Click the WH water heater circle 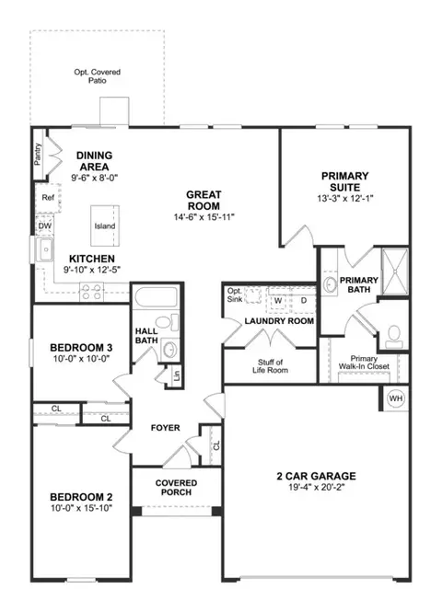click(396, 398)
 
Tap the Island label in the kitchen click(105, 226)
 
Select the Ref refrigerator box click(48, 198)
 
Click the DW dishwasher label click(44, 226)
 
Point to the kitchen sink click(44, 249)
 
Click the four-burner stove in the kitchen click(91, 293)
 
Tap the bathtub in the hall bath click(155, 298)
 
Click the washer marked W click(277, 301)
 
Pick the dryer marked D click(303, 301)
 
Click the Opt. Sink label click(235, 295)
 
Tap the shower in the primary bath click(395, 271)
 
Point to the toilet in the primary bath click(394, 338)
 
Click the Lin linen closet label click(177, 375)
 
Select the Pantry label click(38, 155)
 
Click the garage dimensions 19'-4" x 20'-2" click(317, 487)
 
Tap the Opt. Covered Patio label click(98, 76)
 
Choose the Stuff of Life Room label click(270, 366)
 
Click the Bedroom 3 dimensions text click(81, 358)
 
